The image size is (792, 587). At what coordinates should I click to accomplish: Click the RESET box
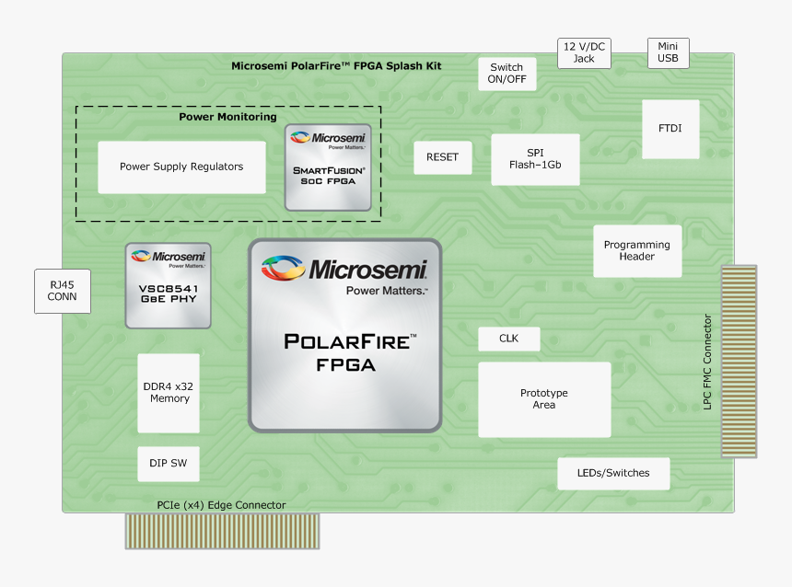[442, 157]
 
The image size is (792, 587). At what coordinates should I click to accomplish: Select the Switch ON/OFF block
[507, 74]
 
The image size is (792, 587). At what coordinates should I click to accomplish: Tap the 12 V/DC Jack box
[584, 52]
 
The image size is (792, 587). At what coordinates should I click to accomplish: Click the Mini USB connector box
[668, 52]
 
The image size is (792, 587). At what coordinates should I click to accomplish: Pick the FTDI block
[670, 129]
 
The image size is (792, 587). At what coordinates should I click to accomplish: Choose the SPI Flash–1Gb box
[535, 159]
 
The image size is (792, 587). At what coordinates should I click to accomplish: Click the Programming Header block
[637, 250]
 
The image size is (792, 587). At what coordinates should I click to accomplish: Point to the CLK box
[508, 339]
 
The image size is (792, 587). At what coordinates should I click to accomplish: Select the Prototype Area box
[543, 399]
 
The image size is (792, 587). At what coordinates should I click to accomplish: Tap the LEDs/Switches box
[612, 473]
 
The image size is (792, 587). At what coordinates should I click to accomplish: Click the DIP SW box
[168, 464]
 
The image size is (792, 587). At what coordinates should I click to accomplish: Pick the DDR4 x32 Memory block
[168, 393]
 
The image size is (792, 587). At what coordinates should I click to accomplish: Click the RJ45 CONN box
[63, 291]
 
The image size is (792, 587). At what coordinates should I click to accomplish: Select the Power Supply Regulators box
[181, 167]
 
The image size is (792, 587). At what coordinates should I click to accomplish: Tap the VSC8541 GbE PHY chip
[168, 285]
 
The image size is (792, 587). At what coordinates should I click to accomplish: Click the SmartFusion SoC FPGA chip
[328, 167]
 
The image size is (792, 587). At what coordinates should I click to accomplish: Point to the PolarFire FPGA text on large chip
[344, 352]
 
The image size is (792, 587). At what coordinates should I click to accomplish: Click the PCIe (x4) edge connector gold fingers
[222, 531]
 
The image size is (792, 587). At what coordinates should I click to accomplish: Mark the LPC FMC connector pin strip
[738, 362]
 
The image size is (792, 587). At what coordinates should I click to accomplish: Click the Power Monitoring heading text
[227, 117]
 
